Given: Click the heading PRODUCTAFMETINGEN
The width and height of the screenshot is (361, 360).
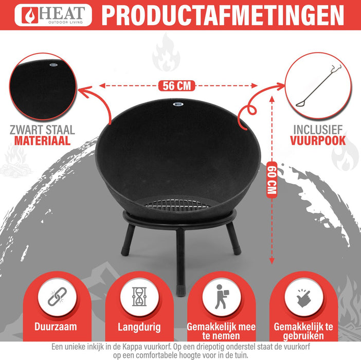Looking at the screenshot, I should click(x=223, y=15).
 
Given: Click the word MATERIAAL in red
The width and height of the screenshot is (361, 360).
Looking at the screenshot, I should click(x=42, y=141).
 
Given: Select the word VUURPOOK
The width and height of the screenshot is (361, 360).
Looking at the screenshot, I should click(x=317, y=141).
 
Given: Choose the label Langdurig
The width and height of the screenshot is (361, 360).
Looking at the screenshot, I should click(x=139, y=327).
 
